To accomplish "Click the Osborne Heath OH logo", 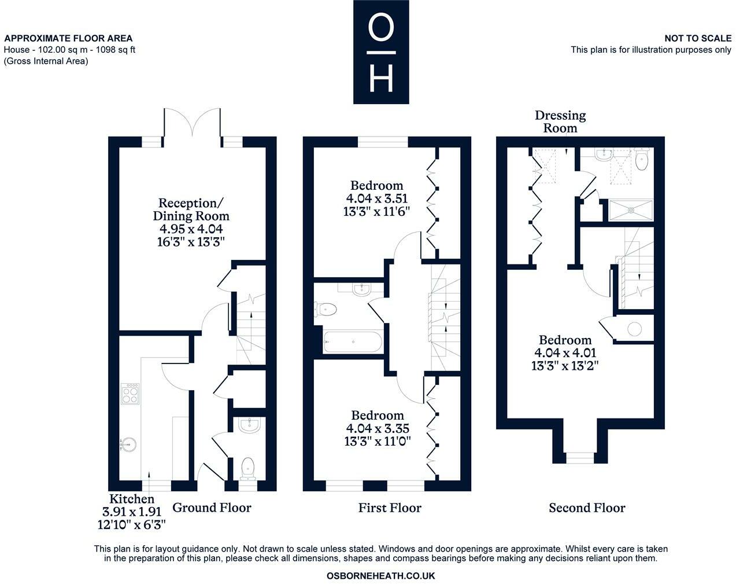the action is coord(381,52).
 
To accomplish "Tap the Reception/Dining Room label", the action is coord(191,210).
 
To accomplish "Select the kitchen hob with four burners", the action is coord(130,394).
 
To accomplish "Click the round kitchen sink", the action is coord(129,445).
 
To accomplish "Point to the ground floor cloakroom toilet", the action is coord(248,469).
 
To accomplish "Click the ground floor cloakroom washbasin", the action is coord(249,425).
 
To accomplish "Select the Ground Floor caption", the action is coord(212,507).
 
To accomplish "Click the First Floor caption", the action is coord(390,507).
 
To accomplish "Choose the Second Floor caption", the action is coord(587,507).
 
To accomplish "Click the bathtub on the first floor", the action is coord(352,341).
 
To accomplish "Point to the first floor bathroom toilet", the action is coord(326,310).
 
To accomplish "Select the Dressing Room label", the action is coord(560,122).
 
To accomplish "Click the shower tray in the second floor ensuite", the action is coord(631,210).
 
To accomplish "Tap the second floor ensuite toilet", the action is coord(642,159).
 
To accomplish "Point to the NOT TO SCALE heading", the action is coord(698,38).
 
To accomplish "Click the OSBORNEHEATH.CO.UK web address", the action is coord(380,575).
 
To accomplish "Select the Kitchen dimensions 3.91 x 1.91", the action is coord(132,512).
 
